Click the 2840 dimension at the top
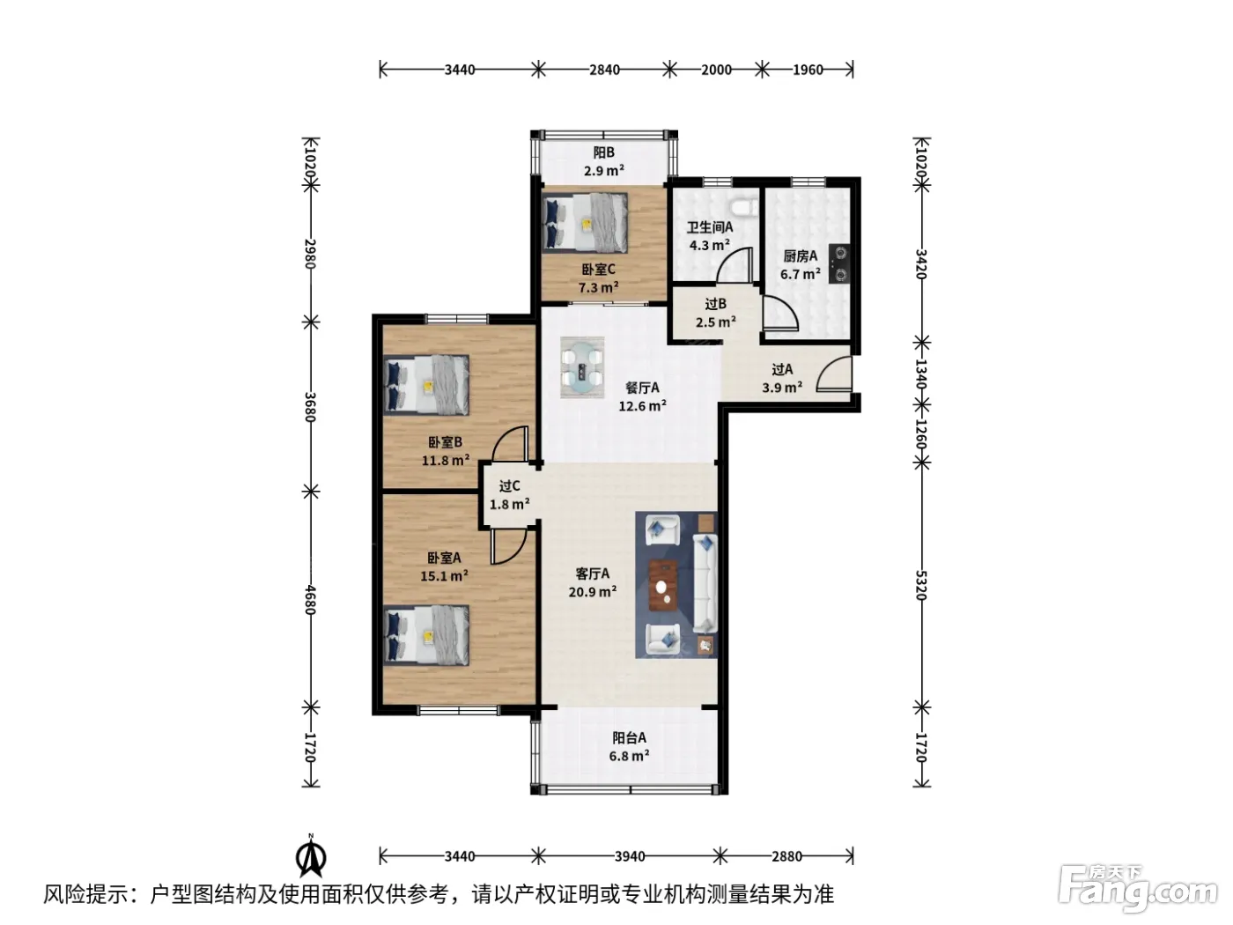tap(604, 70)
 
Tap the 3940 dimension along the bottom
tap(629, 856)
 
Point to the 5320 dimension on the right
tap(920, 585)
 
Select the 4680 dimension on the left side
tap(311, 600)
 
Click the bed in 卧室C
tap(585, 222)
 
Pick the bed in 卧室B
tap(426, 385)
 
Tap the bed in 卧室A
tap(426, 635)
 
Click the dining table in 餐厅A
tap(582, 367)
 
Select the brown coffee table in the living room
tap(664, 585)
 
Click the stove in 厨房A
tap(839, 263)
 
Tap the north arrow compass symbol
tap(311, 856)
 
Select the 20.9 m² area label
tap(593, 591)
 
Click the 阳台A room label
tap(629, 737)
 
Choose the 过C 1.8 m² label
tap(509, 495)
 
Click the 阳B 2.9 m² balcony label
tap(604, 161)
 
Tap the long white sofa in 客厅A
tap(705, 583)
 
